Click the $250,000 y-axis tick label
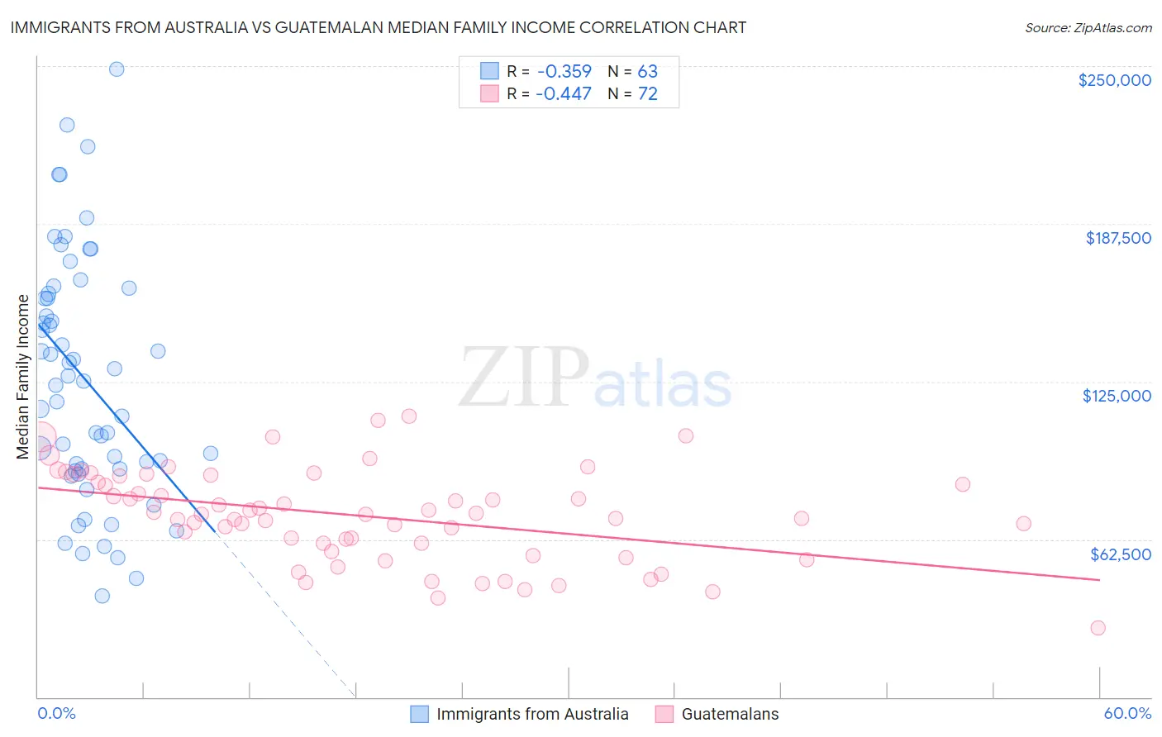coord(1114,80)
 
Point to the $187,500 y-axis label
coord(1117,238)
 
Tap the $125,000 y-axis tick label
coord(1117,396)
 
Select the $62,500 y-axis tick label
coord(1120,554)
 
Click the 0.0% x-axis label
coord(56,713)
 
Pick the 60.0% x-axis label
coord(1127,713)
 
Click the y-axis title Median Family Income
coord(23,376)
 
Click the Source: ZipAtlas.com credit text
coord(1088,28)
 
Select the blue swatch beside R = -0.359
coord(489,71)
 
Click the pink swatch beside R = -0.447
coord(489,93)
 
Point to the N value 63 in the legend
coord(647,71)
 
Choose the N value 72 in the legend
coord(647,93)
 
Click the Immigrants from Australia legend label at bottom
coord(532,714)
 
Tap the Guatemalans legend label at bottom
coord(730,714)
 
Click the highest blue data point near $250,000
coord(117,69)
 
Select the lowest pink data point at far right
coord(1098,628)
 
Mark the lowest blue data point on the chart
coord(102,596)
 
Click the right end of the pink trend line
coord(1099,580)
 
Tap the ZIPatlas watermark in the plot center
coord(595,379)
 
